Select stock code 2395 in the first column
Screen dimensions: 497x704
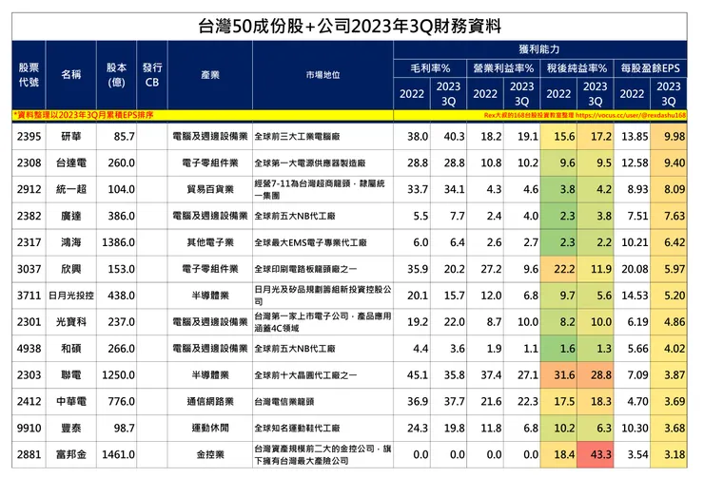pyautogui.click(x=29, y=138)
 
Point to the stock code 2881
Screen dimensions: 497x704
pyautogui.click(x=29, y=455)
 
